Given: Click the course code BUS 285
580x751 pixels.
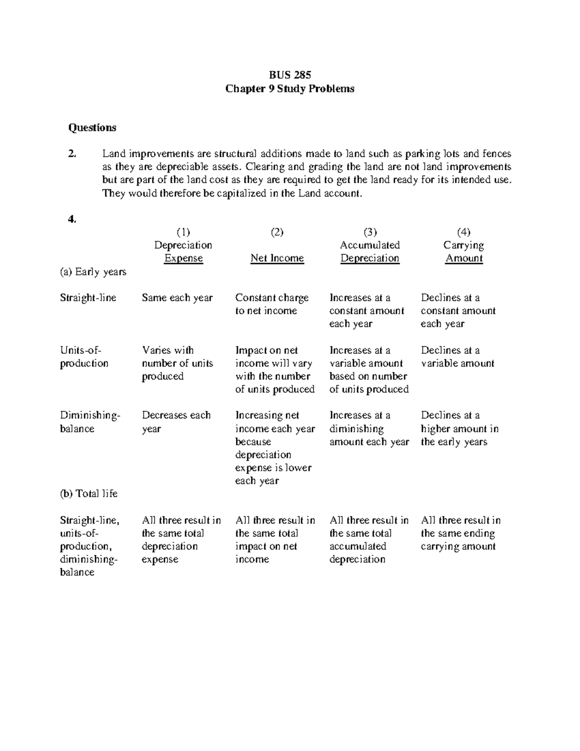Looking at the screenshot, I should [290, 75].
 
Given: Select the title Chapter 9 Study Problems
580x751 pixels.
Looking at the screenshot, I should [290, 88].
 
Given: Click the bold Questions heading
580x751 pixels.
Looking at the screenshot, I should [92, 128].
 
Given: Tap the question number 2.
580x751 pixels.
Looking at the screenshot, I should [72, 154].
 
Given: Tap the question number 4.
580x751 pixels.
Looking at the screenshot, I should [72, 219].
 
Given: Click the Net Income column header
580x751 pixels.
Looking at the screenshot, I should [277, 258].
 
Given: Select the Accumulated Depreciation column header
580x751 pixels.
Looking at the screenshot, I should [370, 251].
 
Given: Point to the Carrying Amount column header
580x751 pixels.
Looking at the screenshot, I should [464, 251].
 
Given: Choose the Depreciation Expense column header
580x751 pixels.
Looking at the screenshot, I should [183, 251].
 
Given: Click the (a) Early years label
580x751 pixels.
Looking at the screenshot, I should [93, 272].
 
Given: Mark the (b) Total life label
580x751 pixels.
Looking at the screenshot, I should [88, 494].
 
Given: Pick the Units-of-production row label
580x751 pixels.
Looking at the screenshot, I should [84, 357].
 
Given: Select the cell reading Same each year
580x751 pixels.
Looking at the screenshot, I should [177, 298].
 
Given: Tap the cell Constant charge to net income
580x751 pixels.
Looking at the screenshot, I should [271, 304].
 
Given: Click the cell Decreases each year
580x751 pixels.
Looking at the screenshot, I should [176, 422].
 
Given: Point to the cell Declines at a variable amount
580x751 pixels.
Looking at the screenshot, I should [457, 357].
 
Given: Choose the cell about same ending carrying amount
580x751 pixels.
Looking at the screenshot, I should [460, 533].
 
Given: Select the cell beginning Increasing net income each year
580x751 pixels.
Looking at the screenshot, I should [275, 448].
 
